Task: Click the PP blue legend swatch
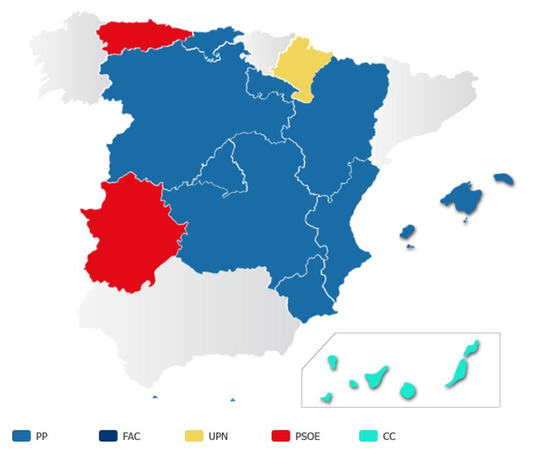coord(21,436)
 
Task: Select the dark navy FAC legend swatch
coord(108,436)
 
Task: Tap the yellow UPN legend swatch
coord(194,436)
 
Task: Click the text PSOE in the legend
coord(307,436)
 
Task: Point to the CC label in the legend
coord(389,436)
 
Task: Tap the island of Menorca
coord(504,179)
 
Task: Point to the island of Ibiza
coord(407,232)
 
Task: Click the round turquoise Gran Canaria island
coord(407,390)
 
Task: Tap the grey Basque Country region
coord(264,49)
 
